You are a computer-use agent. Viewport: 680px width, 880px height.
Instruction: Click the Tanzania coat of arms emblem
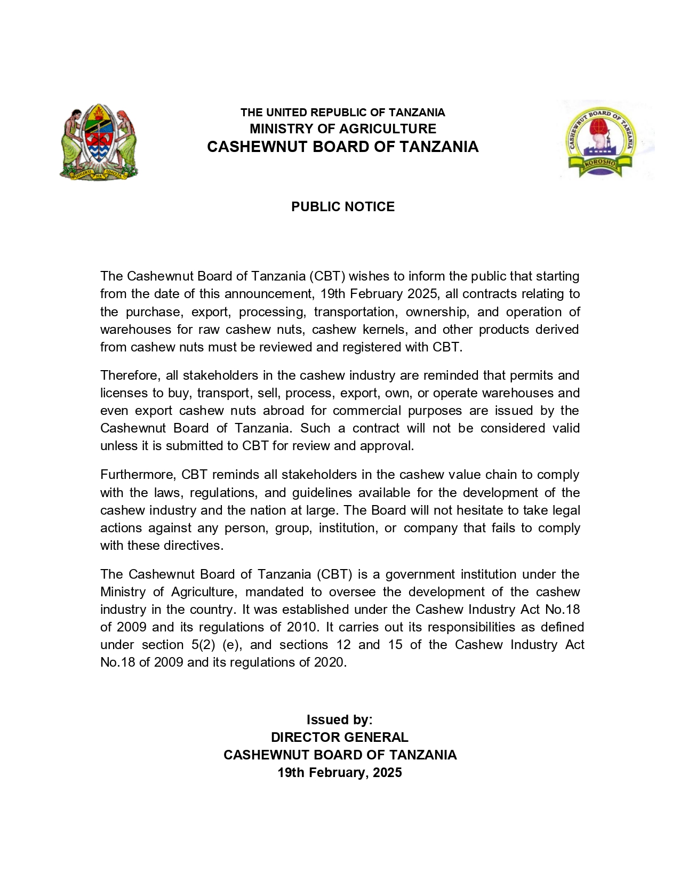tap(98, 142)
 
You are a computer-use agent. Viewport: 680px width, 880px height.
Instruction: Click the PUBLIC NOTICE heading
tap(342, 207)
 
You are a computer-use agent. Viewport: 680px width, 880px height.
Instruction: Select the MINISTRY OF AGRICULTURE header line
tap(342, 129)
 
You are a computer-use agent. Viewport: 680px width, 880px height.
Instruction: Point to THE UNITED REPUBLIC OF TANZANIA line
tap(342, 113)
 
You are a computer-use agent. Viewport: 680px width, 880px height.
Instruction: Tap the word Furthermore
tap(138, 475)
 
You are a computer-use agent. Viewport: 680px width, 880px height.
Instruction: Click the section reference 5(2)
tap(203, 645)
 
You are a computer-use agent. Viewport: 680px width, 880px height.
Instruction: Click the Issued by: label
tap(339, 720)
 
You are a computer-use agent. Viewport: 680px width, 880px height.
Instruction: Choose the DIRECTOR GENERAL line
tap(339, 738)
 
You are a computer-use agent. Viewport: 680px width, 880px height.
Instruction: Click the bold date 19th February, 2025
tap(339, 773)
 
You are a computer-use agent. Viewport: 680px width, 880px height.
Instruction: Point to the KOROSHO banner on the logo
tap(599, 164)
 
